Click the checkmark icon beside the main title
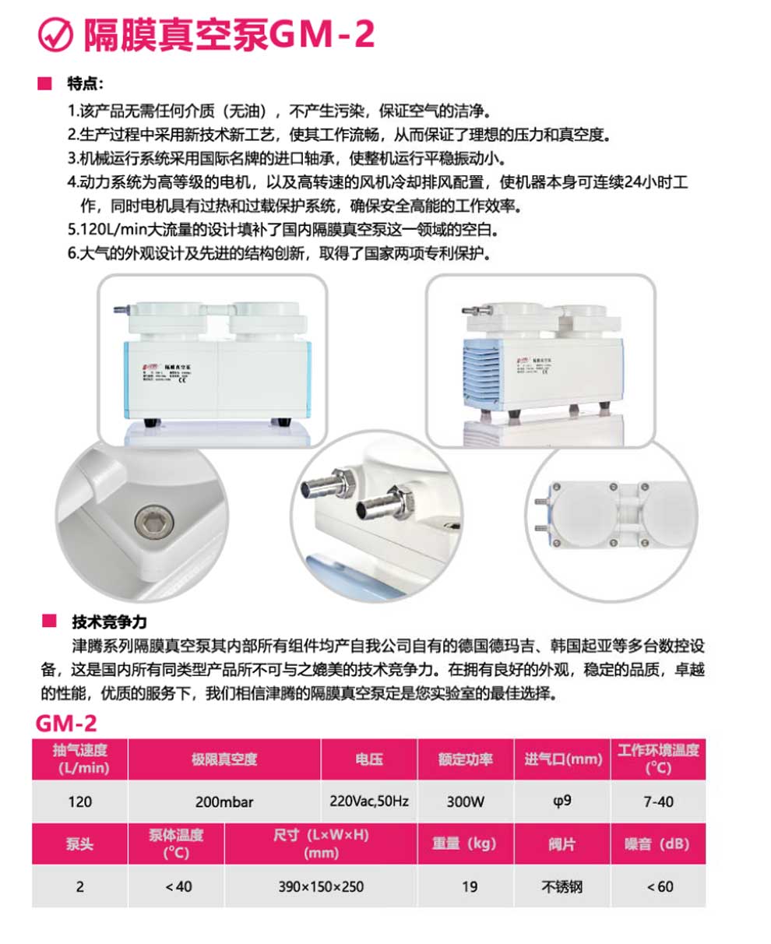(55, 35)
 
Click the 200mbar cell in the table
(224, 801)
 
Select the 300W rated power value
(466, 801)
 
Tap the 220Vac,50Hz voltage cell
(369, 801)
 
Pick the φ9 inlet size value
(562, 801)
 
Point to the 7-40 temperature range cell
(659, 801)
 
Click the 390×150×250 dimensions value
(321, 886)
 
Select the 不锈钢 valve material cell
(562, 886)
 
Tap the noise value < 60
(660, 886)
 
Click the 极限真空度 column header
(224, 759)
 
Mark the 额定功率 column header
(466, 759)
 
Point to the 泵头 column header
(79, 844)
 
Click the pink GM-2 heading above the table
(66, 723)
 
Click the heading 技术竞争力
(109, 622)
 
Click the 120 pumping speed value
(79, 801)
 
